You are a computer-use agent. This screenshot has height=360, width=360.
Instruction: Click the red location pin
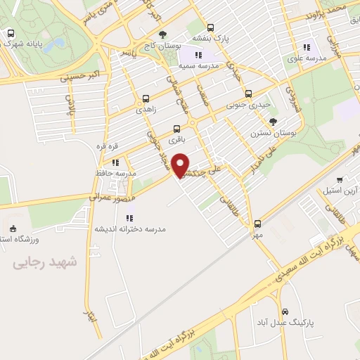(181, 165)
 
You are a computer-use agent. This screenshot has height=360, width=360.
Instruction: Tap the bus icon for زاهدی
(146, 99)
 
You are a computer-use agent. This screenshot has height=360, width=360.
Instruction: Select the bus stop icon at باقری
(176, 129)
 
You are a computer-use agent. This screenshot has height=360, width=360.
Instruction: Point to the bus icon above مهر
(257, 224)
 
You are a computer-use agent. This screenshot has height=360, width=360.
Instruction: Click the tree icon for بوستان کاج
(163, 34)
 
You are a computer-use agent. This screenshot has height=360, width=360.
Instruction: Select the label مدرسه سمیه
(198, 65)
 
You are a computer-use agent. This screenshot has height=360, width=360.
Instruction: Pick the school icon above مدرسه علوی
(307, 47)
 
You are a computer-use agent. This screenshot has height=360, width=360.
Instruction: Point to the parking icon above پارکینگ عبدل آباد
(285, 311)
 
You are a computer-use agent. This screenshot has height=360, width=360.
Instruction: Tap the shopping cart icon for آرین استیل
(341, 180)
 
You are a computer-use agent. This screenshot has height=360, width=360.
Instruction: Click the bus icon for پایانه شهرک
(10, 32)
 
